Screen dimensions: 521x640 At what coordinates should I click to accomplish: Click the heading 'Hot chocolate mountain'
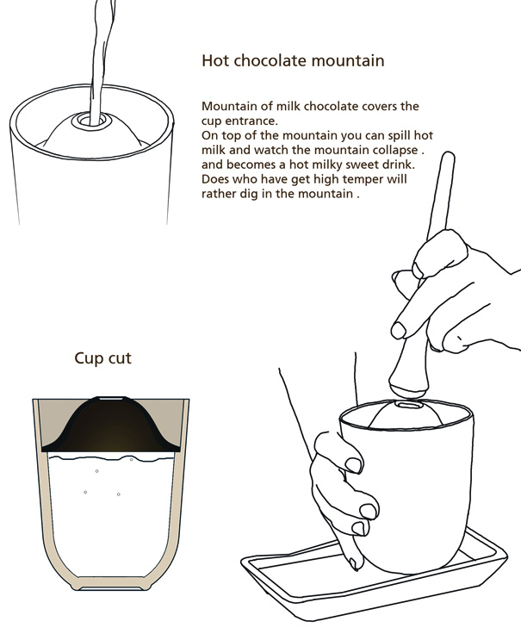293,60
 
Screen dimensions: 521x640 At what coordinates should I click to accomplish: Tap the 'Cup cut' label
102,358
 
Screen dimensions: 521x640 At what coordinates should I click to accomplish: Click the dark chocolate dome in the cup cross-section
110,429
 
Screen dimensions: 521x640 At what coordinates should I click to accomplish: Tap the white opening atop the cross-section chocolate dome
110,398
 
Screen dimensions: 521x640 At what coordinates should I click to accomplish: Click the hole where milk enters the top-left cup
89,121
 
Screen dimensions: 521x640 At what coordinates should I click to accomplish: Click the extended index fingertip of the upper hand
398,330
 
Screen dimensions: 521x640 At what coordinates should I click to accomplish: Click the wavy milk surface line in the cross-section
110,457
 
